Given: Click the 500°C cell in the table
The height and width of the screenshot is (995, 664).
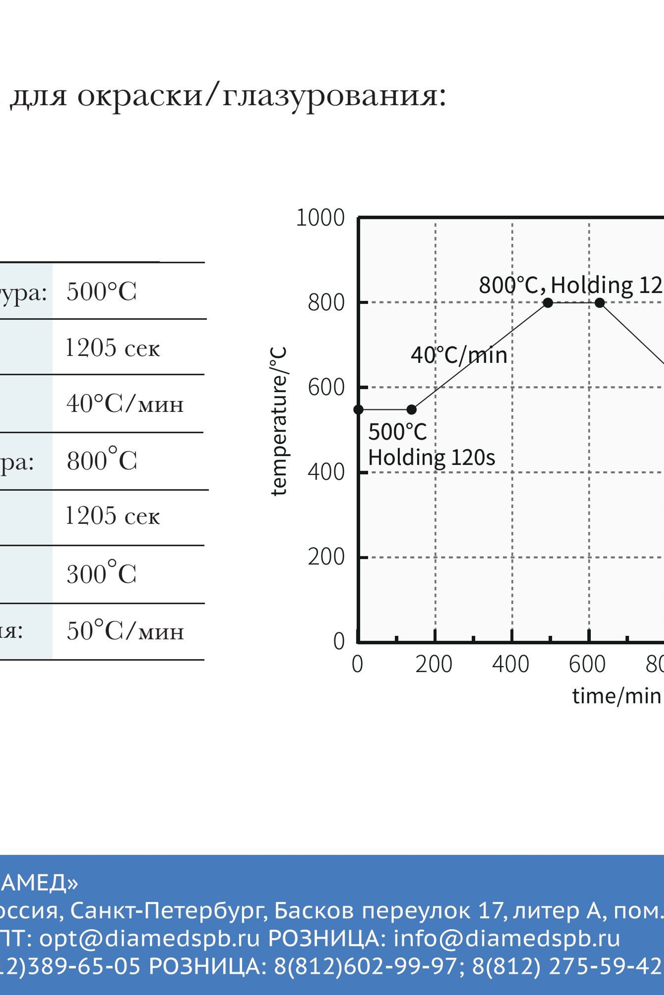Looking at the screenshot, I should tap(102, 292).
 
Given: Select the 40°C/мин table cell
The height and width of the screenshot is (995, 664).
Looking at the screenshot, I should tap(125, 404).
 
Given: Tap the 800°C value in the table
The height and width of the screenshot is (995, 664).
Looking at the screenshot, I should tap(102, 460).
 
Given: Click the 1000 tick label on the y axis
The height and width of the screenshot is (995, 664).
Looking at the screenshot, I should tap(320, 218).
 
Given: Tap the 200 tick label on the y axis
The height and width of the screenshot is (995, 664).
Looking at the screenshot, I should tap(326, 557).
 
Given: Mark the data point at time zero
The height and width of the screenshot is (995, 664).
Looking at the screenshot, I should tap(358, 409).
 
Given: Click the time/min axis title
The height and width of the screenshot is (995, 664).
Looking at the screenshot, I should tap(617, 696).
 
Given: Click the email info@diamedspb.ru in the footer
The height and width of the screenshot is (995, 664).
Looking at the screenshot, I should tap(507, 938).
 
